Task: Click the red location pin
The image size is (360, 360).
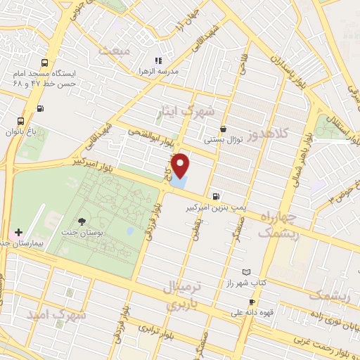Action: click(x=181, y=166)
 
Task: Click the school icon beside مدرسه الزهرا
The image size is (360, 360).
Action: click(x=159, y=60)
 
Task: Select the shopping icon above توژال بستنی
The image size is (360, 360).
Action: click(x=223, y=129)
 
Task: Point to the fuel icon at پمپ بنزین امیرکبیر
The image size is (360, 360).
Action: click(x=214, y=196)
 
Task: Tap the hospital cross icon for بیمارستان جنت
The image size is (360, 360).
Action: click(x=18, y=232)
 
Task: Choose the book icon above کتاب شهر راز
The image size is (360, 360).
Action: click(x=245, y=272)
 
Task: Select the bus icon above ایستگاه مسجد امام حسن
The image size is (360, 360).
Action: click(x=45, y=62)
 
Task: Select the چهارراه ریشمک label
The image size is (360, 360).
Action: click(x=279, y=224)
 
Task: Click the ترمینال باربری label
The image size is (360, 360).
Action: click(x=181, y=295)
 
